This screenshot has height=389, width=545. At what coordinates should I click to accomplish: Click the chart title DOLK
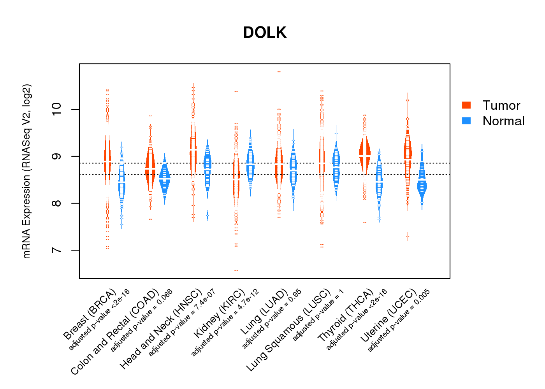click(x=265, y=33)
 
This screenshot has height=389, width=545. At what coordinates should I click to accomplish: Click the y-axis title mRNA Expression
click(x=26, y=171)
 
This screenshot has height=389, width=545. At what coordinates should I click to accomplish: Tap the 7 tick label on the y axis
click(x=57, y=250)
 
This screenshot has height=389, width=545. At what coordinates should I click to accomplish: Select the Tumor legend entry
click(x=501, y=105)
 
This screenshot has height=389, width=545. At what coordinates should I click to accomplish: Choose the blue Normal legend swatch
click(x=466, y=121)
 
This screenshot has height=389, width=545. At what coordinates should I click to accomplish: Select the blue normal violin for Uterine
click(x=422, y=183)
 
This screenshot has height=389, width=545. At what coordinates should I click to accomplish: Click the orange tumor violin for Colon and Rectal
click(x=150, y=167)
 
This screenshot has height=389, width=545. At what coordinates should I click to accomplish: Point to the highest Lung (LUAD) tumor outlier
click(x=279, y=72)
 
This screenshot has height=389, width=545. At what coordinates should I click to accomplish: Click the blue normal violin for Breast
click(x=122, y=183)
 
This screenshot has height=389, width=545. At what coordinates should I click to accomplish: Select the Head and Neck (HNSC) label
click(x=161, y=329)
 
